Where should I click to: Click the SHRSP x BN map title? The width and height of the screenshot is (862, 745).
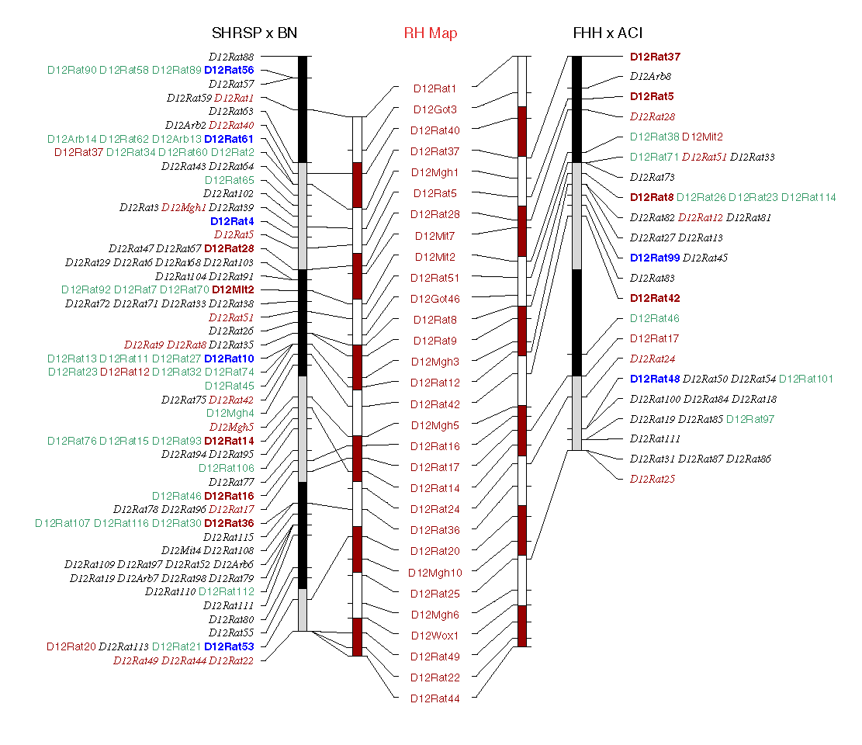click(x=254, y=33)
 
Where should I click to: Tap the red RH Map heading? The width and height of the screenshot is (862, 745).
click(x=430, y=33)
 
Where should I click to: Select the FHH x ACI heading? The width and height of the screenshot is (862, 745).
click(x=608, y=33)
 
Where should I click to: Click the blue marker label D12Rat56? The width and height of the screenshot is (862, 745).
click(x=229, y=70)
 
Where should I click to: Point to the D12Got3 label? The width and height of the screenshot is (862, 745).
click(x=434, y=109)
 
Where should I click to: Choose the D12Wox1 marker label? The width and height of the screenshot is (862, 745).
click(x=434, y=635)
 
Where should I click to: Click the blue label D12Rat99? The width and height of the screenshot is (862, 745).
click(x=654, y=258)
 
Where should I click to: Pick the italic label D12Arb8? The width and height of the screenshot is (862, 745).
click(x=650, y=76)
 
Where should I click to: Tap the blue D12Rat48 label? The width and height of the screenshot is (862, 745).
click(x=654, y=379)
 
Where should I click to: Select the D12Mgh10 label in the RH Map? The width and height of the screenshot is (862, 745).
click(x=434, y=573)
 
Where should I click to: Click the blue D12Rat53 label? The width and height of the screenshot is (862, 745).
click(x=229, y=646)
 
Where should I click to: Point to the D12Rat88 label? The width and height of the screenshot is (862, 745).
click(x=231, y=57)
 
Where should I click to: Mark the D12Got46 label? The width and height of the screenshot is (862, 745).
click(x=434, y=299)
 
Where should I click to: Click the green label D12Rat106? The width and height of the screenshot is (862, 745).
click(x=226, y=468)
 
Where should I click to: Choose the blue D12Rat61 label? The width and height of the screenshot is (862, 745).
click(x=229, y=139)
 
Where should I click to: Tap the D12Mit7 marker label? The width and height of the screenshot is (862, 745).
click(x=434, y=236)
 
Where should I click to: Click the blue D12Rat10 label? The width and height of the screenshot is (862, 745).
click(x=229, y=359)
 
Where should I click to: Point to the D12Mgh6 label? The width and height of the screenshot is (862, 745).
click(x=434, y=615)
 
